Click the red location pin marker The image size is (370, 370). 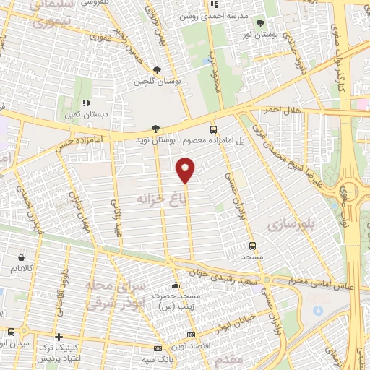(186, 171)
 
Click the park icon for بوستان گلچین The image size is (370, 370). (157, 70)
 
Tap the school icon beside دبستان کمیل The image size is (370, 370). (87, 103)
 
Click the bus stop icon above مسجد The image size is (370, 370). (252, 245)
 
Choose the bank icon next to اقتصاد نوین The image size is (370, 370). (190, 335)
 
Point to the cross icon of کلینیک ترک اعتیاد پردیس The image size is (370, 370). (59, 337)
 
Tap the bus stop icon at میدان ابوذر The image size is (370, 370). (10, 332)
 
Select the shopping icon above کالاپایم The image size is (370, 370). (22, 257)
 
